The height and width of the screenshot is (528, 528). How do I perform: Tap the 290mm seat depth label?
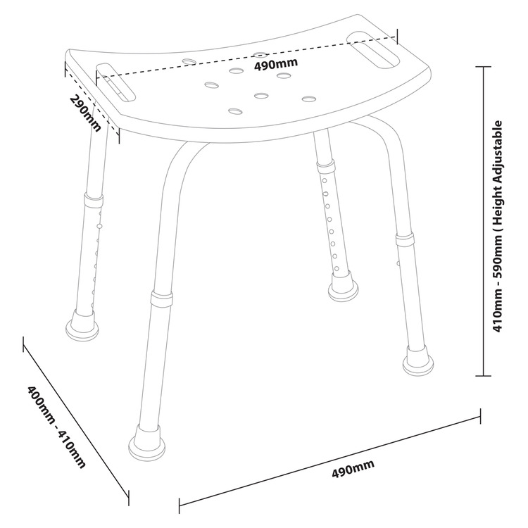[85, 113]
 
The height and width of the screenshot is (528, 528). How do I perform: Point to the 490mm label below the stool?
[353, 468]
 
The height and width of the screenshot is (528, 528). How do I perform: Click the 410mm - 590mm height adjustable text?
[498, 226]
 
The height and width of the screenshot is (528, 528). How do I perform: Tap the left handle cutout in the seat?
[115, 82]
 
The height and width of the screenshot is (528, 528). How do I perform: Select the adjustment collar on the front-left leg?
[162, 298]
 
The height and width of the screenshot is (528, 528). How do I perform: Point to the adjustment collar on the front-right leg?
[405, 239]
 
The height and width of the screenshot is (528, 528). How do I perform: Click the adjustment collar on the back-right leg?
[325, 165]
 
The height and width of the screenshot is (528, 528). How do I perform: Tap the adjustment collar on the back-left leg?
[94, 201]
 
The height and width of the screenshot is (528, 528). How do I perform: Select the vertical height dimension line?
[484, 221]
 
